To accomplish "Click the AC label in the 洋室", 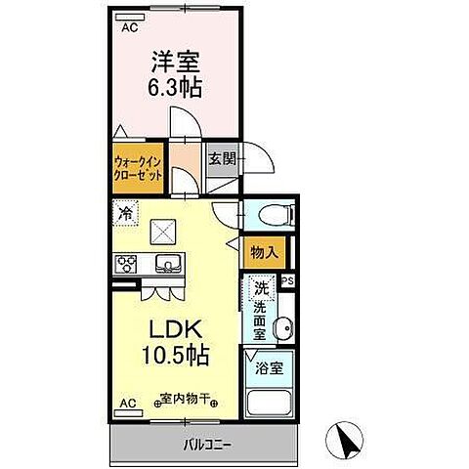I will (x=129, y=28).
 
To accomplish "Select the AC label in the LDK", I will (x=127, y=403).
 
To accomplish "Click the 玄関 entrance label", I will (x=222, y=158).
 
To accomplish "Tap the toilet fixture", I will (x=265, y=215).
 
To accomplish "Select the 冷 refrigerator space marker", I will (x=126, y=210).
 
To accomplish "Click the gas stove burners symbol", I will (x=127, y=263).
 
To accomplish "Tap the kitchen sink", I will (x=167, y=263).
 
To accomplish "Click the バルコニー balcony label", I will (x=205, y=446).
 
